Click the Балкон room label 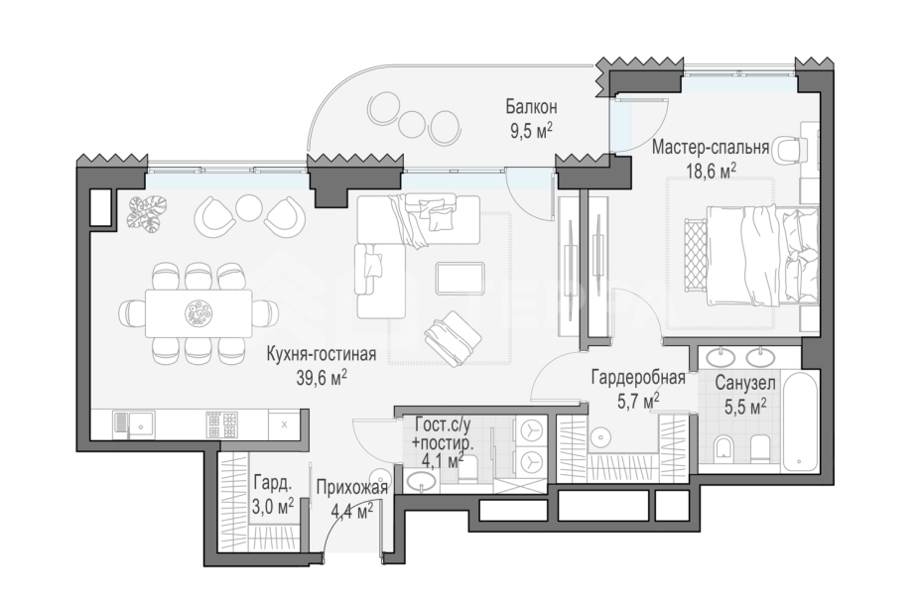(531, 107)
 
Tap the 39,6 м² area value (322, 378)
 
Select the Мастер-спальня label (711, 147)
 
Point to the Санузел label (745, 384)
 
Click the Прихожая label (351, 487)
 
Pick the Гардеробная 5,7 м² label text (638, 388)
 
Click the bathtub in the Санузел (800, 419)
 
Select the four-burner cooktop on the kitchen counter (222, 424)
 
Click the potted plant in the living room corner (147, 214)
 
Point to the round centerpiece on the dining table (198, 312)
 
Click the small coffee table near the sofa (460, 279)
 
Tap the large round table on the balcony (383, 106)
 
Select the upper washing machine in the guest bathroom (530, 430)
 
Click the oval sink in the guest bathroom (422, 483)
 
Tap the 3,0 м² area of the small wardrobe (272, 507)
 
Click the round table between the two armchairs (248, 207)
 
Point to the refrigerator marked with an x (284, 424)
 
